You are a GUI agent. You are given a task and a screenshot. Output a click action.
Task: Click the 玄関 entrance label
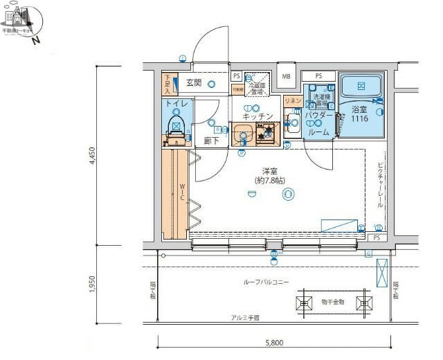194,82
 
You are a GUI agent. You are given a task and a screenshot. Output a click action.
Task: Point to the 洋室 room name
269,170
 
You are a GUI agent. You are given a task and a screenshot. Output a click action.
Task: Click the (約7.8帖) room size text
269,180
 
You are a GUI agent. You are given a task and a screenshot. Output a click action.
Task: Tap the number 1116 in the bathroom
359,120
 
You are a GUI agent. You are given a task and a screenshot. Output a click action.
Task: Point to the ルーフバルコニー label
266,281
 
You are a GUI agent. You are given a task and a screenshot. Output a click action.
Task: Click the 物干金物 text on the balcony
333,302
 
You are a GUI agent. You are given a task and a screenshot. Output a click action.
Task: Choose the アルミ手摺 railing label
246,318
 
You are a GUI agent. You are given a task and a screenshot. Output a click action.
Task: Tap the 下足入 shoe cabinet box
167,84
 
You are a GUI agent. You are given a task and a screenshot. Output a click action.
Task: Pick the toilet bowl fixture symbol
176,127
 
